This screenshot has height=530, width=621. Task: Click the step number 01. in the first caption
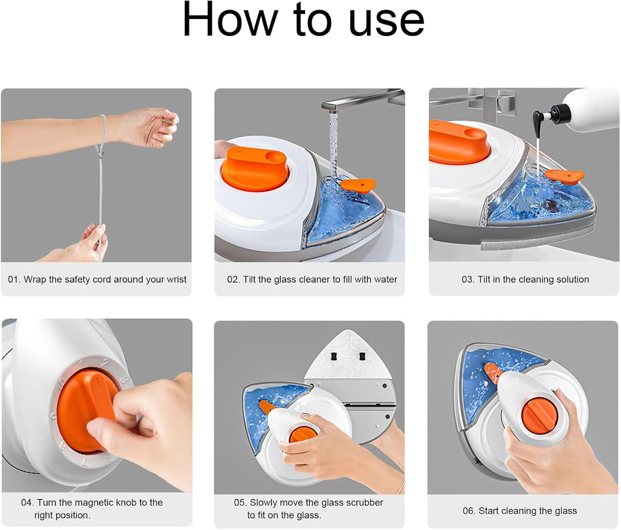[15, 280]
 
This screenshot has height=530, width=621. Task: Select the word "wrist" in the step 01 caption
[177, 280]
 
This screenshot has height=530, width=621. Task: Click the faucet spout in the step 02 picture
[361, 101]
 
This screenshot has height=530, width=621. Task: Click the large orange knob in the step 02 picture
[255, 168]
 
